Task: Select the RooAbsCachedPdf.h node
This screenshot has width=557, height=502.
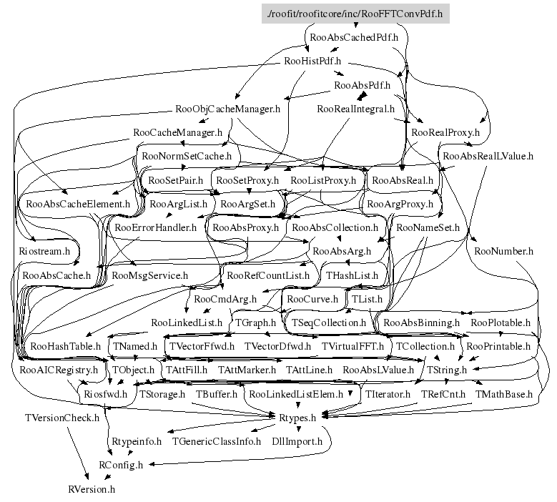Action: (x=351, y=36)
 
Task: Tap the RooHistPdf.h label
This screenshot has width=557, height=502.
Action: (x=312, y=61)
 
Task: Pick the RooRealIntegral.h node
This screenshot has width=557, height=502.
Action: (x=356, y=109)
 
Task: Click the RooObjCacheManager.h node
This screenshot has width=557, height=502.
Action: (x=227, y=109)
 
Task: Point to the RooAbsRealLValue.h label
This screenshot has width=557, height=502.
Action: (x=488, y=156)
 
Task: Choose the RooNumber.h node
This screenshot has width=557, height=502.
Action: (x=503, y=251)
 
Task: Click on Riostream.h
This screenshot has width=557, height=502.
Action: (x=44, y=251)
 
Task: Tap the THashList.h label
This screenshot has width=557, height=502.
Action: (x=352, y=275)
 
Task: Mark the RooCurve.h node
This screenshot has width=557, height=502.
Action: (x=312, y=298)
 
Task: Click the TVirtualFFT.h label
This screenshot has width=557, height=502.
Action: (x=353, y=346)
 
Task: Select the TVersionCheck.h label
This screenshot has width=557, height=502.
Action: (x=62, y=417)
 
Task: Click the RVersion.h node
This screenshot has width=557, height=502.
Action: (x=92, y=489)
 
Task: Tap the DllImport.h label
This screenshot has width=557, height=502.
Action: (x=297, y=441)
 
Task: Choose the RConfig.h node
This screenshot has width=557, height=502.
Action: (x=121, y=465)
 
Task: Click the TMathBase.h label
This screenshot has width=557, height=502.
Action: (x=504, y=393)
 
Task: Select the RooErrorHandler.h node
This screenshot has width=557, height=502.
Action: (x=155, y=227)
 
